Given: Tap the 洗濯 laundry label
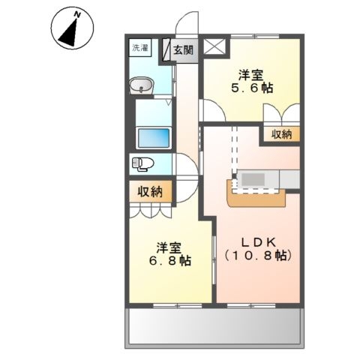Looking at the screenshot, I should point(140,49).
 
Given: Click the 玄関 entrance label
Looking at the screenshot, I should point(184,51).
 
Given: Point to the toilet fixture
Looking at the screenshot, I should point(141,163).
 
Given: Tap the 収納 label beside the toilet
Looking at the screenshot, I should point(150,192).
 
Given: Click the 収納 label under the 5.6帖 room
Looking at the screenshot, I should point(282,134).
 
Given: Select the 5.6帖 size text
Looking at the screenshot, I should point(251,88).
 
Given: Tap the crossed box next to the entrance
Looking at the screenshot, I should point(216,46).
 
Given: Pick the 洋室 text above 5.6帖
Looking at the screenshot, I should point(251,74).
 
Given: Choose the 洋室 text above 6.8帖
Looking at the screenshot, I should point(169,247).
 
